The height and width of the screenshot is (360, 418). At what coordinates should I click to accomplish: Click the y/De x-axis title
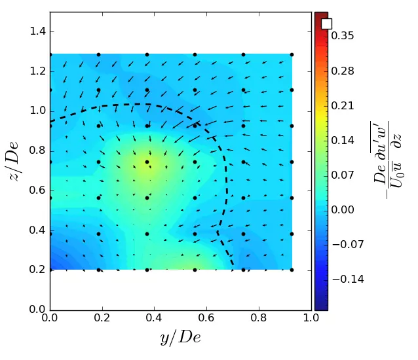tap(180, 338)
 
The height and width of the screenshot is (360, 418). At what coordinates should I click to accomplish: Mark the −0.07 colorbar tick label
tap(346, 244)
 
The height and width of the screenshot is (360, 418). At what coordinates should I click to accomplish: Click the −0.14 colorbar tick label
tap(346, 279)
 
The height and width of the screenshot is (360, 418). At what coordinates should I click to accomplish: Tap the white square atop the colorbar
tap(326, 24)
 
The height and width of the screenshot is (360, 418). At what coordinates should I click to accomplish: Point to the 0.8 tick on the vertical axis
tap(37, 151)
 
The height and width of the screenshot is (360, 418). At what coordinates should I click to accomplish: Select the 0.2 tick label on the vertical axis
tap(37, 270)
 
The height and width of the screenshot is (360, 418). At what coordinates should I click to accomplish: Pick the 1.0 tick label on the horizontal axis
tap(311, 319)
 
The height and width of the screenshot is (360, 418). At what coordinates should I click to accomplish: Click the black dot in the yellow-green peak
tap(147, 162)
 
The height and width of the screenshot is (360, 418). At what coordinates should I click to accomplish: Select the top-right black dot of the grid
tap(292, 54)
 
